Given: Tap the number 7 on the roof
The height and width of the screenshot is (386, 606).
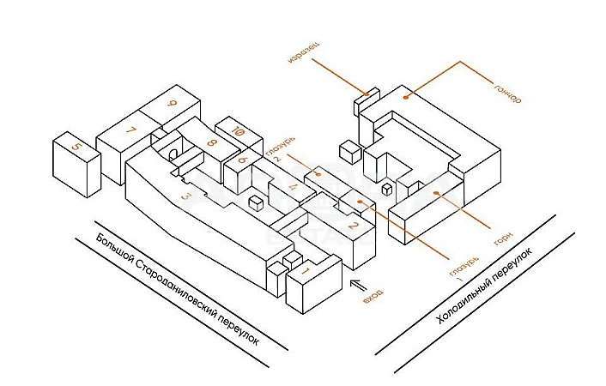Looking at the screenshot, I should click(x=130, y=131).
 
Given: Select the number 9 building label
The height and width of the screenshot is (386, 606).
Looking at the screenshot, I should click(x=173, y=105).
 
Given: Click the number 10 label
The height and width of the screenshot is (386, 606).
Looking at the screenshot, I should click(x=239, y=132).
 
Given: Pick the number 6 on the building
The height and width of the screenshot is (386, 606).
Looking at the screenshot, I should click(x=243, y=160).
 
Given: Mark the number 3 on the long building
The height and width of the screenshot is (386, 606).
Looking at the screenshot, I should click(x=185, y=196).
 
